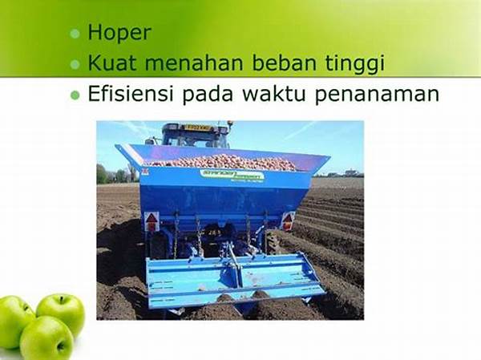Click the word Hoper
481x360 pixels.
pyautogui.click(x=119, y=33)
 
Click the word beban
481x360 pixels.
pyautogui.click(x=284, y=63)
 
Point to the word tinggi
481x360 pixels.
pyautogui.click(x=354, y=64)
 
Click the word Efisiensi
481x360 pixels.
pyautogui.click(x=131, y=93)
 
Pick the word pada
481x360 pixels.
pyautogui.click(x=208, y=95)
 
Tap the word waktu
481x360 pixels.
pyautogui.click(x=273, y=93)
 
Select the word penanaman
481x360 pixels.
pyautogui.click(x=377, y=95)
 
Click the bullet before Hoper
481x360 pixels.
pyautogui.click(x=75, y=34)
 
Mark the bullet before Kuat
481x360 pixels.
pyautogui.click(x=75, y=64)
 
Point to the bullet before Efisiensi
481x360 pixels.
pyautogui.click(x=75, y=95)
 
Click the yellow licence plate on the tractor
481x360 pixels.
pyautogui.click(x=196, y=127)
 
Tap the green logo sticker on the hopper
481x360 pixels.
pyautogui.click(x=232, y=176)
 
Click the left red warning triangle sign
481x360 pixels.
pyautogui.click(x=152, y=221)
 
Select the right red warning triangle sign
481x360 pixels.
pyautogui.click(x=288, y=220)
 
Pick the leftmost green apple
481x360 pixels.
pyautogui.click(x=15, y=322)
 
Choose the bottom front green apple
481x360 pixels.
pyautogui.click(x=46, y=338)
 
